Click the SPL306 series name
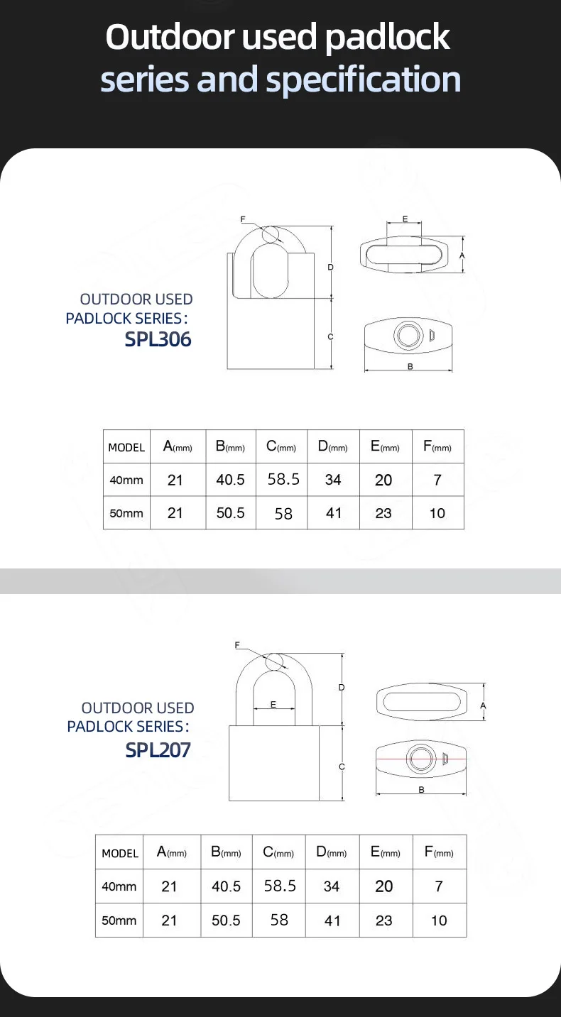[x=158, y=339]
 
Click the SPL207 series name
[x=158, y=749]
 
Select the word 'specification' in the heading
[x=363, y=80]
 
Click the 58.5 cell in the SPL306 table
[x=283, y=479]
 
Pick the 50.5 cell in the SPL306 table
[x=230, y=512]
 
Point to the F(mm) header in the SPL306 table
[x=437, y=447]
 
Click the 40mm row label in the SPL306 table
[x=126, y=480]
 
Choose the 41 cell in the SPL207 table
[x=332, y=920]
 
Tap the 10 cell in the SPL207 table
[x=439, y=920]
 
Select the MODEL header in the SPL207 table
[x=120, y=853]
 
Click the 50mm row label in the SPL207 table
[x=119, y=920]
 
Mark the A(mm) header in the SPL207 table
[x=171, y=852]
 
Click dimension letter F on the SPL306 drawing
[x=243, y=219]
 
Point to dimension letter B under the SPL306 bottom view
[x=410, y=366]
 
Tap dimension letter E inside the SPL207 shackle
[x=273, y=705]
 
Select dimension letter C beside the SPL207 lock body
[x=342, y=766]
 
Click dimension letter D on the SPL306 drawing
[x=330, y=267]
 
